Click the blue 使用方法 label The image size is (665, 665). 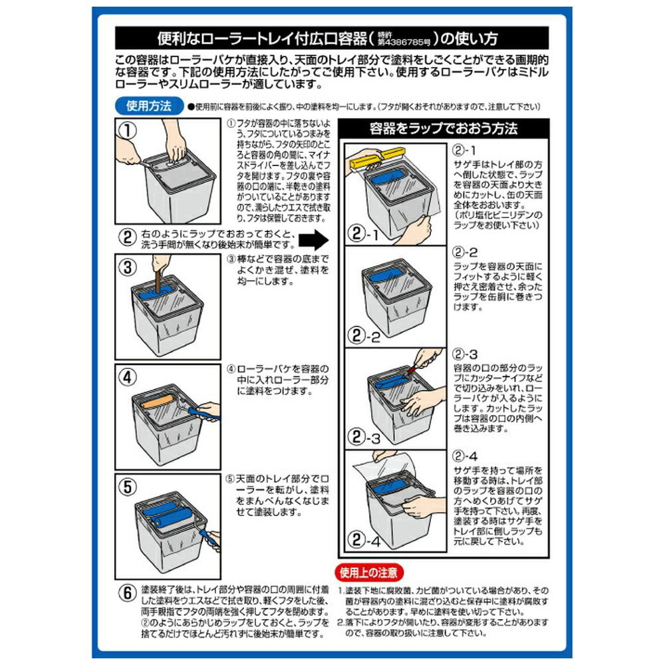149,105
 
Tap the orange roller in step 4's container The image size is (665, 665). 157,402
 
